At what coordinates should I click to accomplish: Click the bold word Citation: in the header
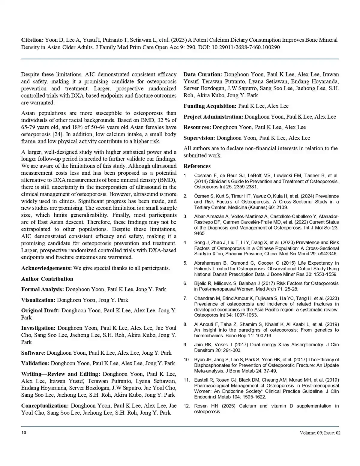(x=32, y=40)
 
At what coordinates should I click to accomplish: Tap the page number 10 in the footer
(x=24, y=433)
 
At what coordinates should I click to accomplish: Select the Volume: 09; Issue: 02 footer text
(x=320, y=433)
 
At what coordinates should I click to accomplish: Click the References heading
(x=197, y=166)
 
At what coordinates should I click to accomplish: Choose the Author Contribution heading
(x=47, y=279)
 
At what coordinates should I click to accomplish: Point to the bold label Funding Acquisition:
(x=210, y=106)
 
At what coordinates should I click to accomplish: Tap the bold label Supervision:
(x=199, y=138)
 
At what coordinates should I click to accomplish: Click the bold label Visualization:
(x=38, y=300)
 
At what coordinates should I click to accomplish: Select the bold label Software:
(x=33, y=353)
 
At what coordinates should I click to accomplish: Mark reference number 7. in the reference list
(x=185, y=298)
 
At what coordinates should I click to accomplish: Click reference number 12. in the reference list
(x=187, y=406)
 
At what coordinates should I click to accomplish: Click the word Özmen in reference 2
(x=201, y=196)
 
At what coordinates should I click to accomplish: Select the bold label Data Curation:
(x=203, y=74)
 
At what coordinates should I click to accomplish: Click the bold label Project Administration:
(x=213, y=117)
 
